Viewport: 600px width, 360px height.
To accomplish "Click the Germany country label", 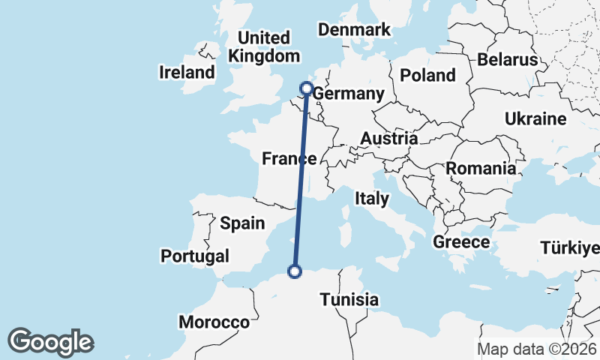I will [x=347, y=94].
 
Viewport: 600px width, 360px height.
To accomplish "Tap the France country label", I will [x=289, y=158].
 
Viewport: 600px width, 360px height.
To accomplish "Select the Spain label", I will [x=242, y=223].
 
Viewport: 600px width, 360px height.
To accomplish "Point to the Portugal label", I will [x=195, y=256].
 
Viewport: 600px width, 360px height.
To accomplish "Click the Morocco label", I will [x=214, y=322].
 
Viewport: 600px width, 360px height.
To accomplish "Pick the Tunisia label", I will [x=349, y=299].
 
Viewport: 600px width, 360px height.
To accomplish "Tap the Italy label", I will [x=372, y=199].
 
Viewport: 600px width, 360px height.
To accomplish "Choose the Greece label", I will [x=461, y=242].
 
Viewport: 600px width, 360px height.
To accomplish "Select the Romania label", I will [x=481, y=168].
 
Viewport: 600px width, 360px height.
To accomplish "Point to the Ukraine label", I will [x=535, y=119].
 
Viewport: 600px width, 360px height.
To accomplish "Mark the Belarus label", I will [x=508, y=59].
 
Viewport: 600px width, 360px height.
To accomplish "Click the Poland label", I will [x=427, y=75].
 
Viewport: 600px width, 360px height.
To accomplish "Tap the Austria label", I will [x=388, y=139].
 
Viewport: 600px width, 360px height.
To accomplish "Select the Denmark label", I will [x=355, y=30].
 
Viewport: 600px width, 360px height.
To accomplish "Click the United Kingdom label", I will [x=263, y=46].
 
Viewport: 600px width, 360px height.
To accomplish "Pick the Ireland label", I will [x=187, y=73].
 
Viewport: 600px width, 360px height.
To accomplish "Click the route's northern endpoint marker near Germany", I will [x=307, y=88].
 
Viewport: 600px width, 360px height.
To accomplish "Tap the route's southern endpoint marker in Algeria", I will [x=295, y=271].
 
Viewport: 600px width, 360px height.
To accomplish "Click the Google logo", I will [x=50, y=342].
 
